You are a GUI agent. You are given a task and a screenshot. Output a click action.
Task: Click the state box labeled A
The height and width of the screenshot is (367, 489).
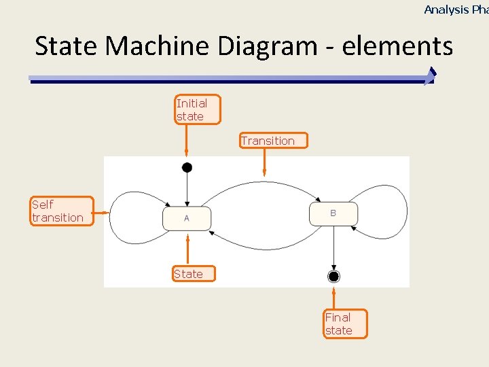click(x=187, y=218)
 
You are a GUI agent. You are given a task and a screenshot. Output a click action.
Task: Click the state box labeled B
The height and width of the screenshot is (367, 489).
click(x=333, y=213)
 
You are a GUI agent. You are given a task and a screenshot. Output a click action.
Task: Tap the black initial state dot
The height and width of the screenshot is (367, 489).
click(x=187, y=167)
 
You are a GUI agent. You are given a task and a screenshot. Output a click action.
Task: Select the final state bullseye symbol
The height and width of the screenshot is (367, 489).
click(x=333, y=276)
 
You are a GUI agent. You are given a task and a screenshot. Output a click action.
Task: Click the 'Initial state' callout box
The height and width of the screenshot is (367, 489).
click(x=198, y=109)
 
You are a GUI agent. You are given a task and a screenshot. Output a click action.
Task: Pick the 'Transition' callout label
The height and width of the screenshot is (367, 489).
click(x=272, y=141)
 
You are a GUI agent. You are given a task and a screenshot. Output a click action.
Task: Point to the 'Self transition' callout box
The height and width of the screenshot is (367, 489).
click(x=61, y=211)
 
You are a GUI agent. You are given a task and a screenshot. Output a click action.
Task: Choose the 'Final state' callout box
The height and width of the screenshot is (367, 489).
click(x=345, y=324)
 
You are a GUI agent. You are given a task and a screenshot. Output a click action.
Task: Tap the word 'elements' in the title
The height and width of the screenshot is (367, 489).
click(x=397, y=46)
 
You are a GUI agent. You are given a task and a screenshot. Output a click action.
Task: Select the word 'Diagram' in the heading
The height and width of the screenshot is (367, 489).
click(x=268, y=46)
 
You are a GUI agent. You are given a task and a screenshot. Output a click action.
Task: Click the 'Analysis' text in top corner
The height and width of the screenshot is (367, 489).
click(x=446, y=10)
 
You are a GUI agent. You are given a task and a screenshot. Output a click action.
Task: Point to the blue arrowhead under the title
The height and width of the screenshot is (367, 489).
click(x=429, y=76)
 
